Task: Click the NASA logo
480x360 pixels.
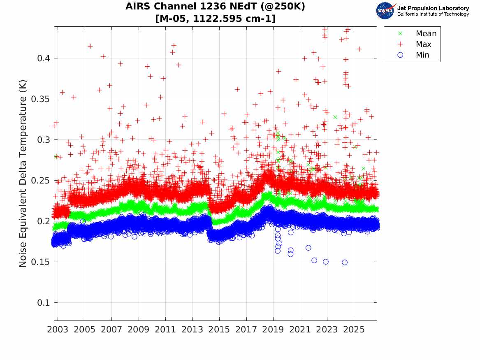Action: tap(385, 11)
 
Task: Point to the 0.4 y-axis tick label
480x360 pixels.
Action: tap(44, 58)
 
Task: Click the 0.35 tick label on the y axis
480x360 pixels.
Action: tap(41, 99)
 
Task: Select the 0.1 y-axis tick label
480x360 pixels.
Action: tap(44, 302)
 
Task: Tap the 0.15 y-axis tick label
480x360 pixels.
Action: tap(41, 262)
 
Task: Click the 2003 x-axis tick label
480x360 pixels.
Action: tap(58, 330)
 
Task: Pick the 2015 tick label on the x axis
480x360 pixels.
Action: tap(219, 330)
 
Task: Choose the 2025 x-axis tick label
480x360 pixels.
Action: tap(354, 330)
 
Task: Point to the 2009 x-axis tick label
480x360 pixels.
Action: tap(138, 330)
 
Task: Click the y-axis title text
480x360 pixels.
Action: tap(23, 174)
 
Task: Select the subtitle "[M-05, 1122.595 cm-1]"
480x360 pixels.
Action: tap(215, 19)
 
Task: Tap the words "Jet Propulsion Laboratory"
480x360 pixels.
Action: tap(433, 8)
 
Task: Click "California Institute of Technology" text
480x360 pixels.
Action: tap(433, 14)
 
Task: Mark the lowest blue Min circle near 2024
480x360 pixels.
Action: tap(345, 262)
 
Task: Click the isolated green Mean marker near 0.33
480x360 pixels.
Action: tap(335, 117)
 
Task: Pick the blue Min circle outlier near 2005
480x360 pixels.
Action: tap(83, 221)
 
